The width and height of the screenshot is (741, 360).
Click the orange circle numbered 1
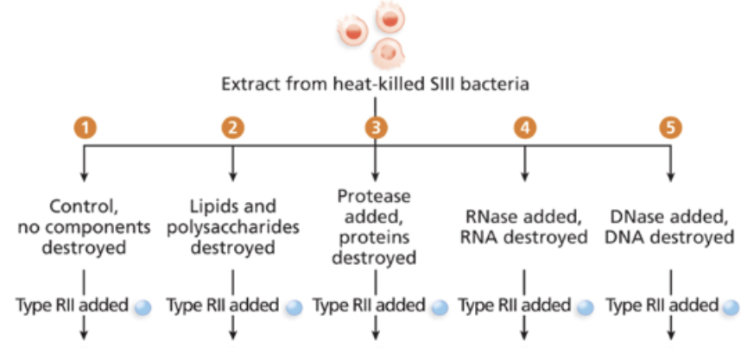(x=84, y=128)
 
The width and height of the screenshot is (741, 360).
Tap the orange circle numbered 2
(x=232, y=128)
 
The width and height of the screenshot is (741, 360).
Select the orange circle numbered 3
(x=375, y=128)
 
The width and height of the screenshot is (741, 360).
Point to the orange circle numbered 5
(x=670, y=128)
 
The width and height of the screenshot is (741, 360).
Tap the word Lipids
(x=212, y=207)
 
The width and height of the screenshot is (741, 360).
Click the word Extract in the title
(x=248, y=85)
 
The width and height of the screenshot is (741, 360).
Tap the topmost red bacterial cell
(x=389, y=16)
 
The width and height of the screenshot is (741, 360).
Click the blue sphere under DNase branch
(x=730, y=306)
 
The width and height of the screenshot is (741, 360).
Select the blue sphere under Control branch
(x=143, y=306)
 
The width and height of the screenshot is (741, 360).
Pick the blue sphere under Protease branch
(x=439, y=306)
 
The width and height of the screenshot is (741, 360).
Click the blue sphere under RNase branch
(x=585, y=306)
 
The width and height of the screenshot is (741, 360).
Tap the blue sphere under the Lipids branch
(x=294, y=306)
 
